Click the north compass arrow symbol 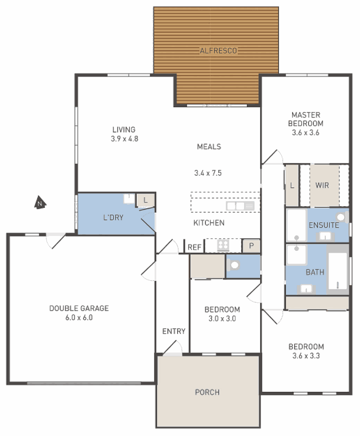[x=40, y=202]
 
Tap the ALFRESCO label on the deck [x=218, y=51]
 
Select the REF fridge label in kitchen [x=194, y=247]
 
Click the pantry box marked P [x=251, y=246]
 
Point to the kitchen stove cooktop [x=223, y=245]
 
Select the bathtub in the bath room [x=338, y=271]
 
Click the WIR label [x=322, y=185]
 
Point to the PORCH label [x=207, y=392]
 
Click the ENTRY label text [x=173, y=331]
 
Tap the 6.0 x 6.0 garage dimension [x=79, y=318]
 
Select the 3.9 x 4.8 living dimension [x=124, y=139]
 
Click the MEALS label [x=209, y=146]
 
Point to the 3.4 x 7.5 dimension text [x=208, y=173]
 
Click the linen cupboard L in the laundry [x=145, y=200]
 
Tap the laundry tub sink [x=129, y=198]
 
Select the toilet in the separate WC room [x=234, y=265]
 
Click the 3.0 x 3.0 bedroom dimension [x=222, y=319]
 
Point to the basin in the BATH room [x=306, y=289]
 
